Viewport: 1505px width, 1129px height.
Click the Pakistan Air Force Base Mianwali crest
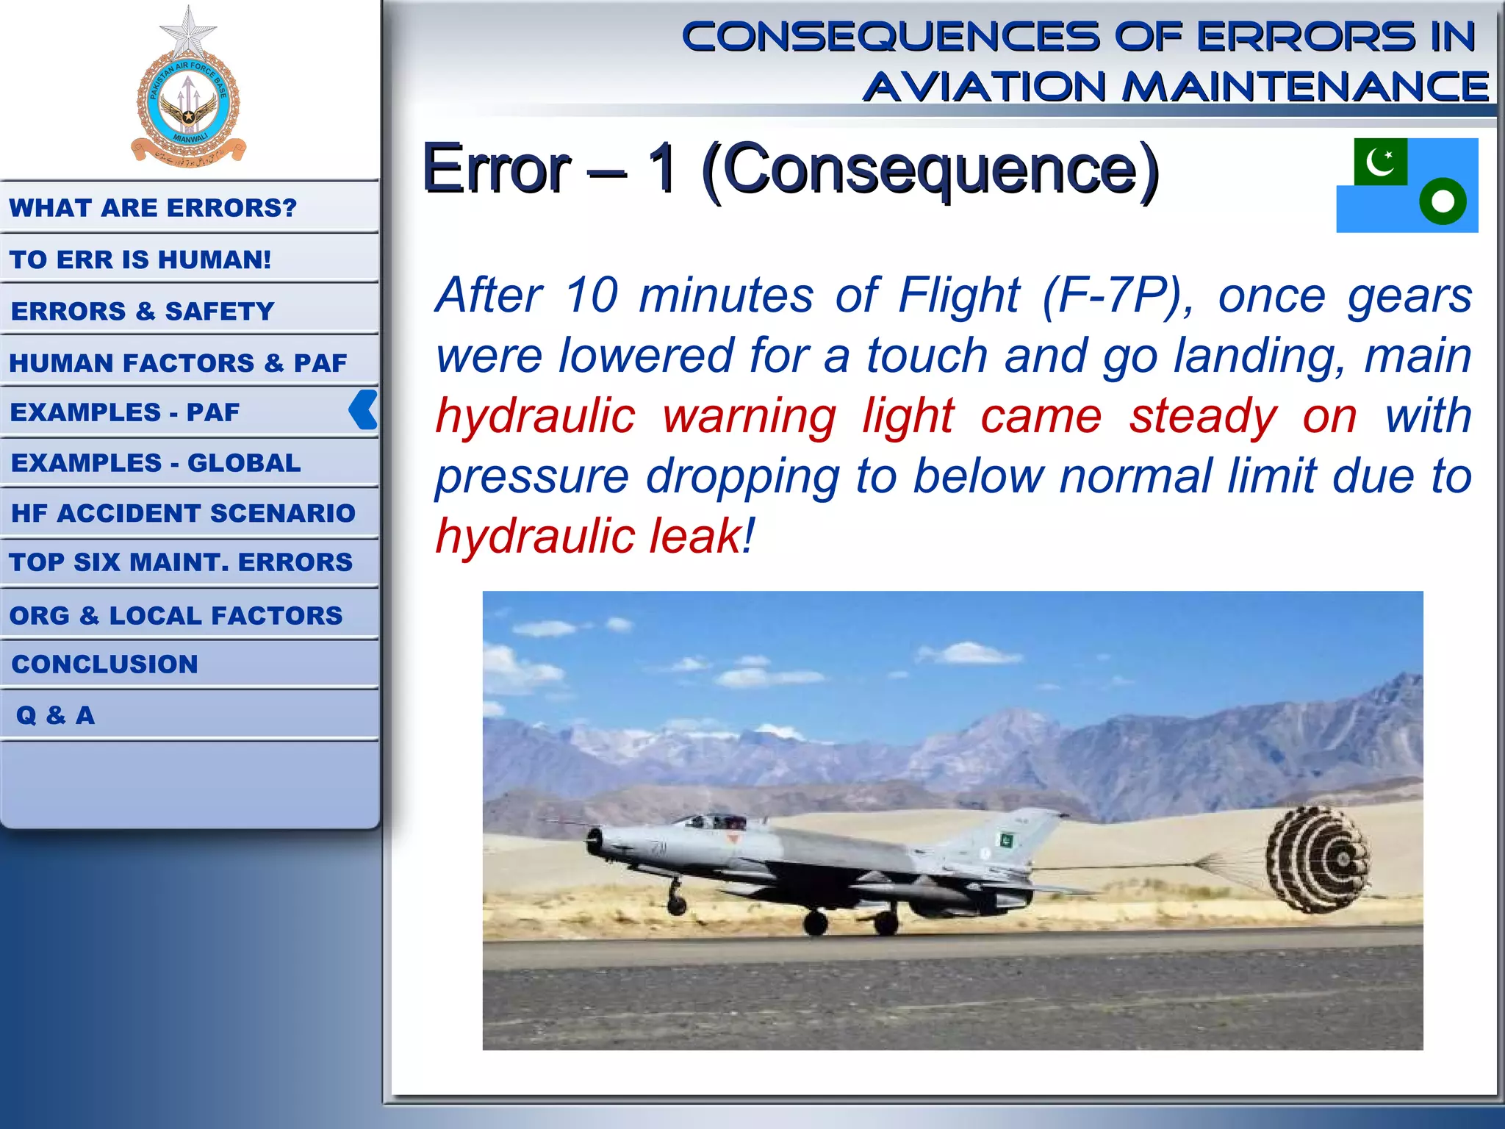click(188, 96)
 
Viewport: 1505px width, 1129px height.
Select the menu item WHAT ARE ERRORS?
click(153, 208)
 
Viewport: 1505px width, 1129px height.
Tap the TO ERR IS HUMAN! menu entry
click(140, 259)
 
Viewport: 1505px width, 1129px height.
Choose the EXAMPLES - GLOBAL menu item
click(156, 463)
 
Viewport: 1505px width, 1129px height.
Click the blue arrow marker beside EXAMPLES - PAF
click(364, 410)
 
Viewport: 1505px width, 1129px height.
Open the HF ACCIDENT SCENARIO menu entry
click(183, 513)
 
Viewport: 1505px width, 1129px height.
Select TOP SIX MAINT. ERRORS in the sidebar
click(181, 562)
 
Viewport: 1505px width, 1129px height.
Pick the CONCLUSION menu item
click(105, 664)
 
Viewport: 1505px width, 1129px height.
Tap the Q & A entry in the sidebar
click(56, 715)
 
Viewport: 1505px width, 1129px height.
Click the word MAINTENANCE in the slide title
click(1305, 87)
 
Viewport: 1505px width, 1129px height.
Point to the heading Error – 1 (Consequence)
click(790, 169)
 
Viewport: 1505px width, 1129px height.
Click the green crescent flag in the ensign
click(1381, 162)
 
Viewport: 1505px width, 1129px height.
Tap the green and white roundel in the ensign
click(1443, 201)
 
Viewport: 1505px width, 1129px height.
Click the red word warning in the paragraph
click(749, 416)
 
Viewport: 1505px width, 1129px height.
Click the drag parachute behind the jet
click(1320, 859)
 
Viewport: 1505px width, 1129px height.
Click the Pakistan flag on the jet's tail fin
click(1004, 839)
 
